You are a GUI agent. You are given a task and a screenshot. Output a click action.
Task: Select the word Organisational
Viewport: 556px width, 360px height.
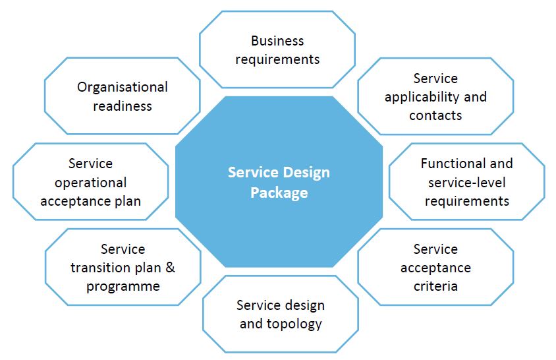(123, 87)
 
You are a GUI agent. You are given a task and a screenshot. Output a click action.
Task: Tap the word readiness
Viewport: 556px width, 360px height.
(123, 105)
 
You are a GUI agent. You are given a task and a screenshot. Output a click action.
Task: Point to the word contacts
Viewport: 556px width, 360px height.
(435, 115)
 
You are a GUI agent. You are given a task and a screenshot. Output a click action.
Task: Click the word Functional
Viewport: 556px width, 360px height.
(447, 164)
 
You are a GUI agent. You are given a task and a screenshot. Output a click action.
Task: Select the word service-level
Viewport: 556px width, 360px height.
(466, 182)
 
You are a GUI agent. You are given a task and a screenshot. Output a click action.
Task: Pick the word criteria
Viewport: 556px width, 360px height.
(435, 286)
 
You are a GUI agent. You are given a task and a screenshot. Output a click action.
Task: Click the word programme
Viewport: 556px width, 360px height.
(123, 286)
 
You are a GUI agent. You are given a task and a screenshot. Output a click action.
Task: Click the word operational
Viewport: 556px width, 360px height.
(91, 182)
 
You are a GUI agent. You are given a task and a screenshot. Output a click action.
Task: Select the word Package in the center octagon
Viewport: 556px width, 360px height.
(279, 193)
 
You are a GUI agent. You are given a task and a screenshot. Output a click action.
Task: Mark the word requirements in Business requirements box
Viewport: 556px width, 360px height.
(277, 59)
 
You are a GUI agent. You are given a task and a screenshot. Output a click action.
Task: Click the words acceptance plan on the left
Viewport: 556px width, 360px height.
(91, 200)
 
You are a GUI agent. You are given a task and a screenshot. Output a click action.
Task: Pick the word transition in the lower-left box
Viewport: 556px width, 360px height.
(105, 268)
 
